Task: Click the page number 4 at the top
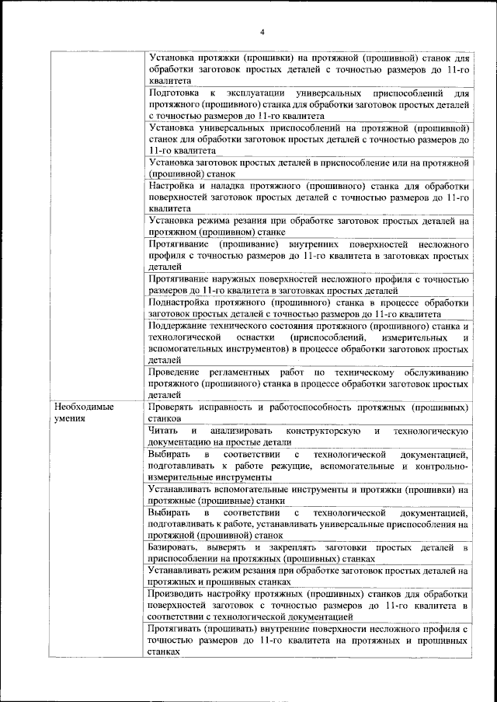(262, 31)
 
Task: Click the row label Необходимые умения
(83, 412)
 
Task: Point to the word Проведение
(175, 372)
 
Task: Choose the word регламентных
(261, 372)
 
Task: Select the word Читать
(163, 431)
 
